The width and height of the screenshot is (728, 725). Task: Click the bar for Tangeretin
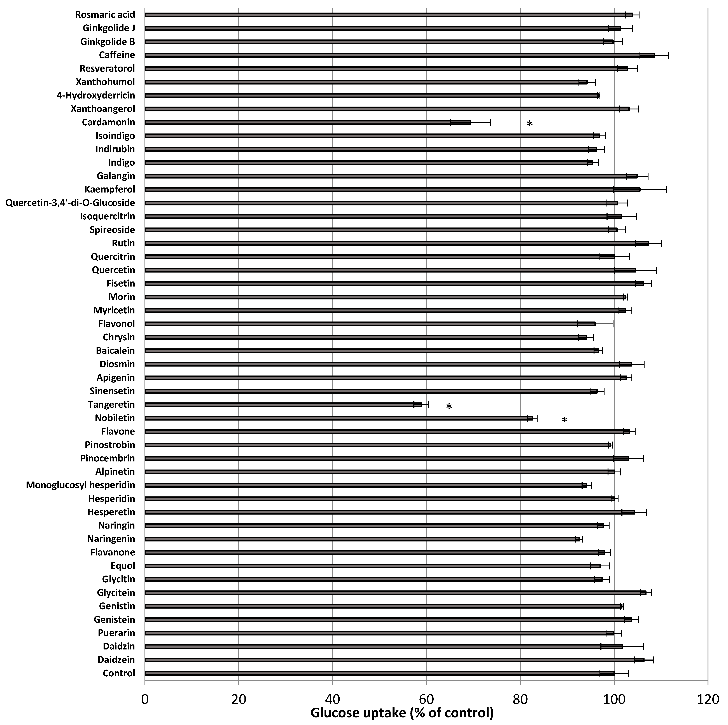coord(283,405)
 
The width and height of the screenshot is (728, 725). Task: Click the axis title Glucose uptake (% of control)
coord(402,713)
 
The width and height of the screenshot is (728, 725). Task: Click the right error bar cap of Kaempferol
coord(666,189)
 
